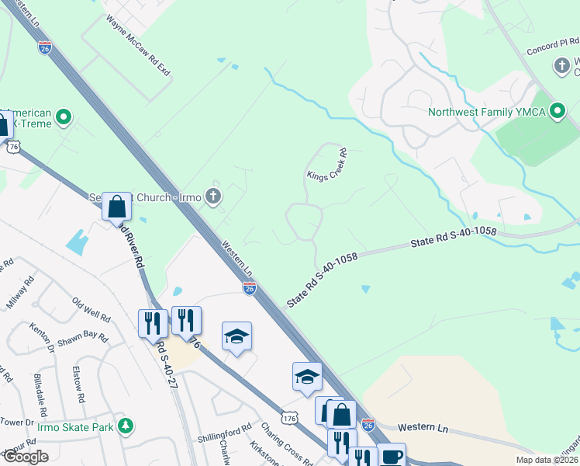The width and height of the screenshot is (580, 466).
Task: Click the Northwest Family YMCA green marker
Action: (557, 112)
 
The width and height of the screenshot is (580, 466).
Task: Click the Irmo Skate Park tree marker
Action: (125, 426)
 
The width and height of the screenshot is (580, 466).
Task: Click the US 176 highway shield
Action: (290, 418)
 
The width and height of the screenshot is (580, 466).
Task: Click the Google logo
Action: (25, 457)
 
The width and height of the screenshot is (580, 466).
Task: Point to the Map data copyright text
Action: (546, 460)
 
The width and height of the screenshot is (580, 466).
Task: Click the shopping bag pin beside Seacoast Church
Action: (116, 207)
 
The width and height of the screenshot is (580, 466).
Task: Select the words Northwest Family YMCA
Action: (487, 112)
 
